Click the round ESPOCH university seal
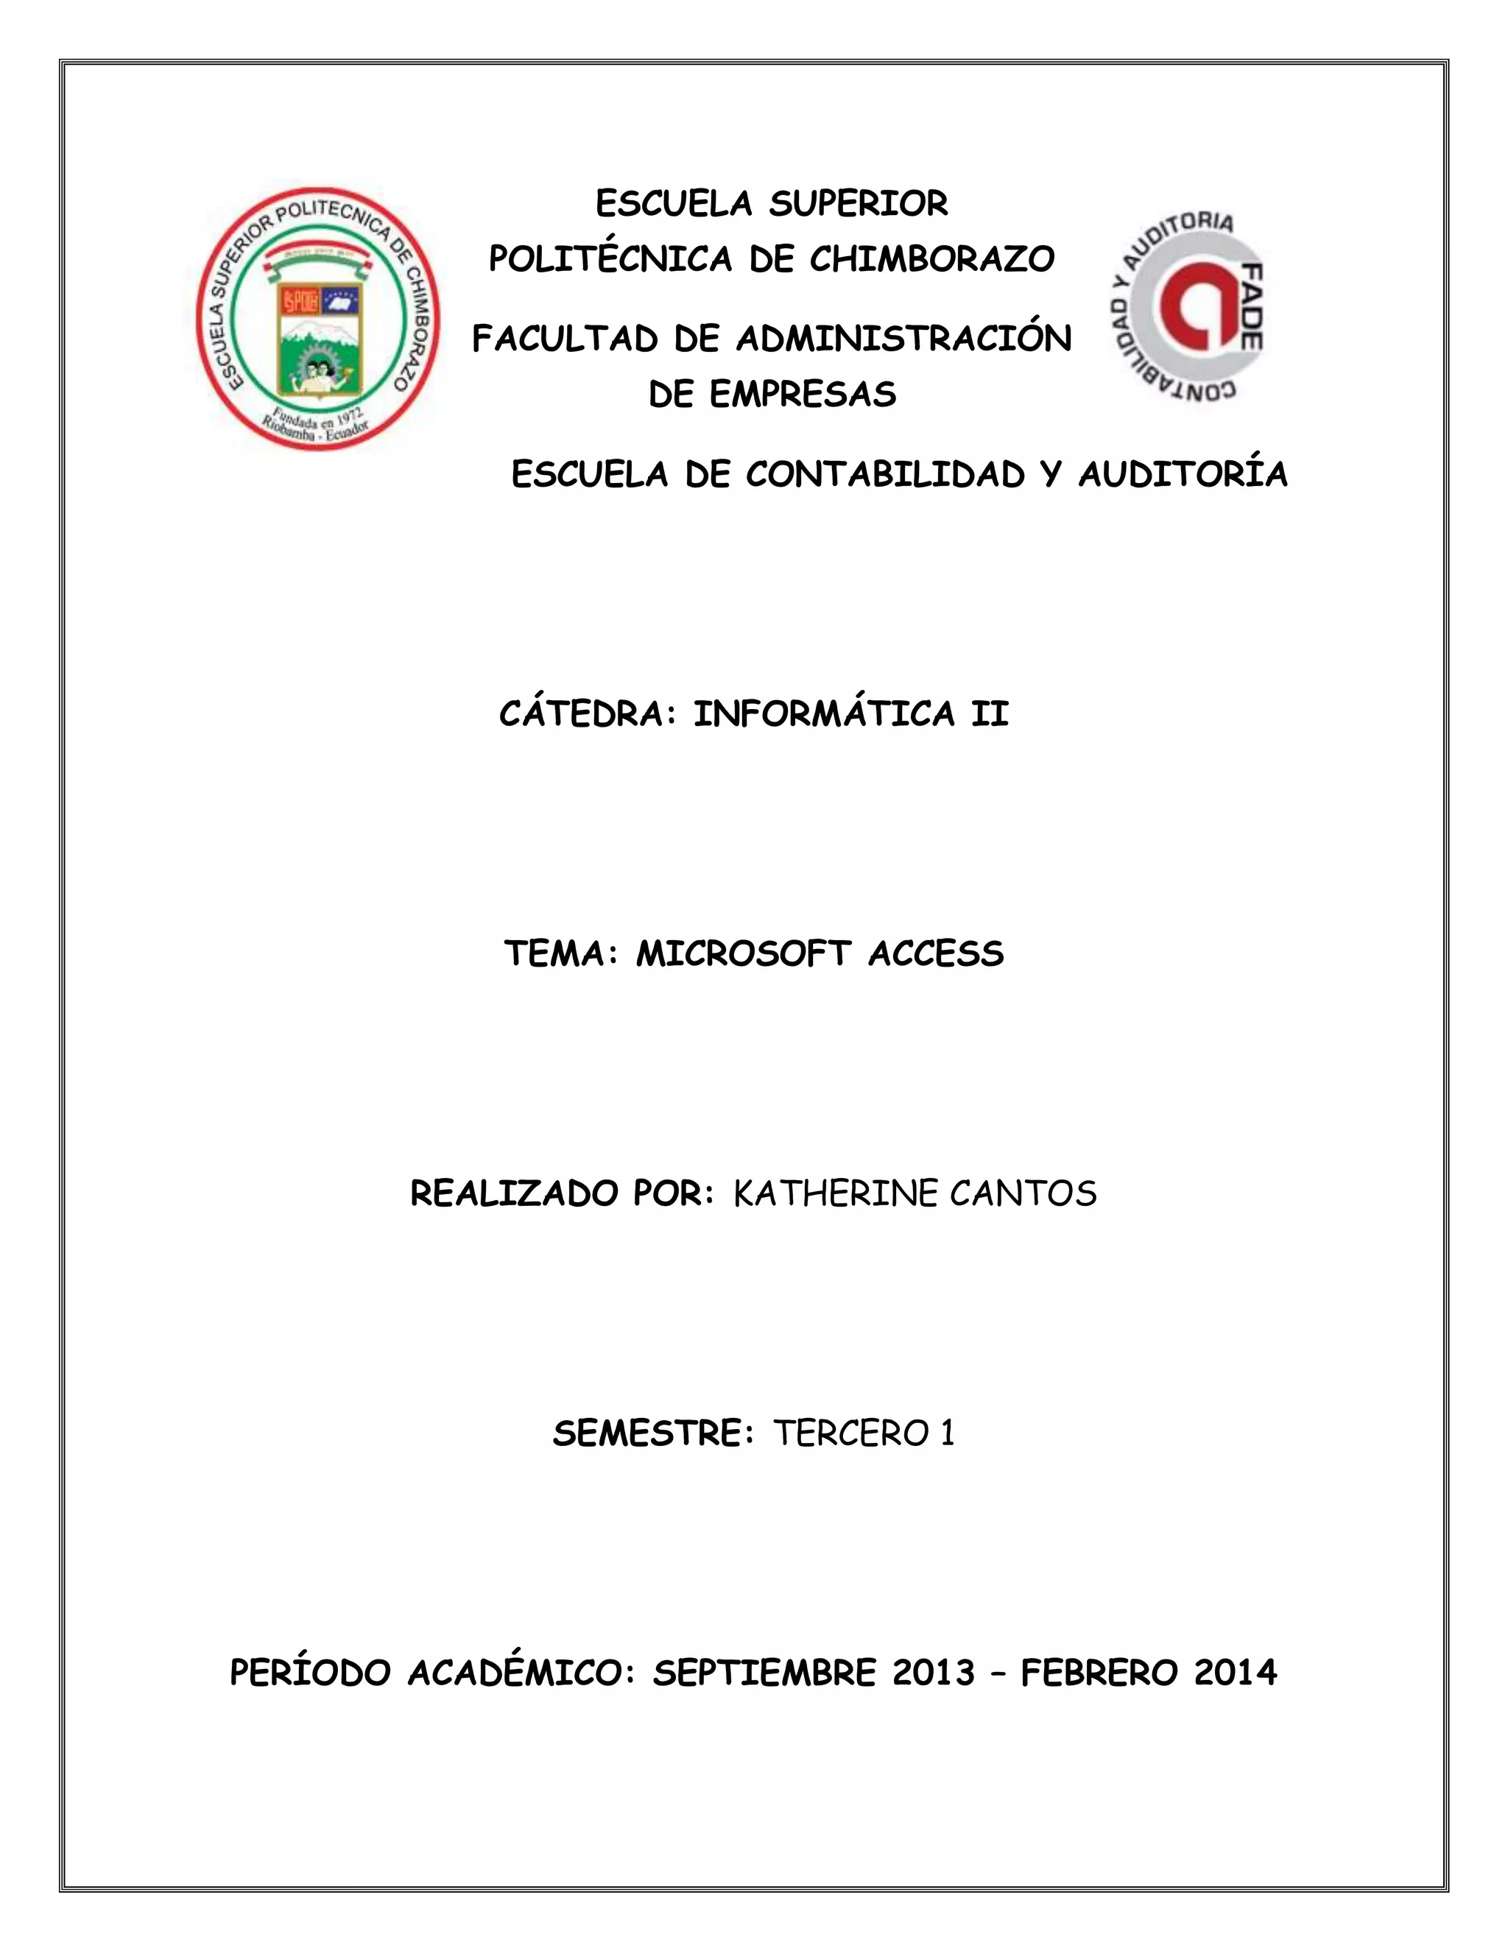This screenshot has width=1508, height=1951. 318,319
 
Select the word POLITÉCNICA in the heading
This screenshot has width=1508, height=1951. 610,260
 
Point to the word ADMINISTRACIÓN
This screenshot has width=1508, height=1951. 903,339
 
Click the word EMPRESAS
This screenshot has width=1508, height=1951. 803,395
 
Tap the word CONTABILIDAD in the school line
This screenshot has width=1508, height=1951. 885,476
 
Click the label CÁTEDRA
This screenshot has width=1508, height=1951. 582,715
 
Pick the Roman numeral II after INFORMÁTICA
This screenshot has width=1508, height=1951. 990,715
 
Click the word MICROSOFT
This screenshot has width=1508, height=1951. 742,955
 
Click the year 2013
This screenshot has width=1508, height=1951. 934,1673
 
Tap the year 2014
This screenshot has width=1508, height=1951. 1236,1673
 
